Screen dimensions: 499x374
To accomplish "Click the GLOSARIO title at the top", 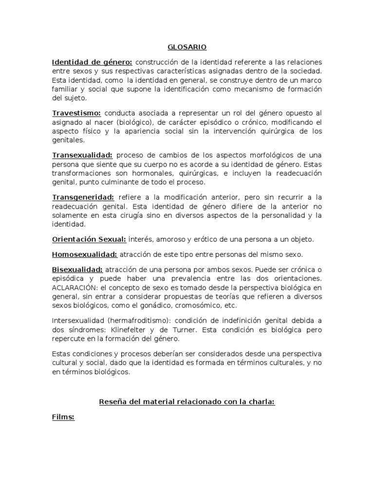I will click(x=187, y=47).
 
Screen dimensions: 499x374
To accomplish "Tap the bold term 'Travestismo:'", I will click(x=76, y=113).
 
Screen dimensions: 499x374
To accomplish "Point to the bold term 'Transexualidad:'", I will click(x=82, y=155).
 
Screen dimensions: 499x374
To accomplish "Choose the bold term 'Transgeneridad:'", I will click(x=83, y=197).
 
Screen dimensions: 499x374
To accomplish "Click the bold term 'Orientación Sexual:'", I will click(x=89, y=239).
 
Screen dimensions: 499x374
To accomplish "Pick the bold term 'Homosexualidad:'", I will click(x=85, y=254).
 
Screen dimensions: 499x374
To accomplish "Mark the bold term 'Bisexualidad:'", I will click(x=77, y=269).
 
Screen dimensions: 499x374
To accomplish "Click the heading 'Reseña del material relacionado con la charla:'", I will click(x=187, y=402).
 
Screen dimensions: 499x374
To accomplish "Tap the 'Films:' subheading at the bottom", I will click(x=63, y=418).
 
